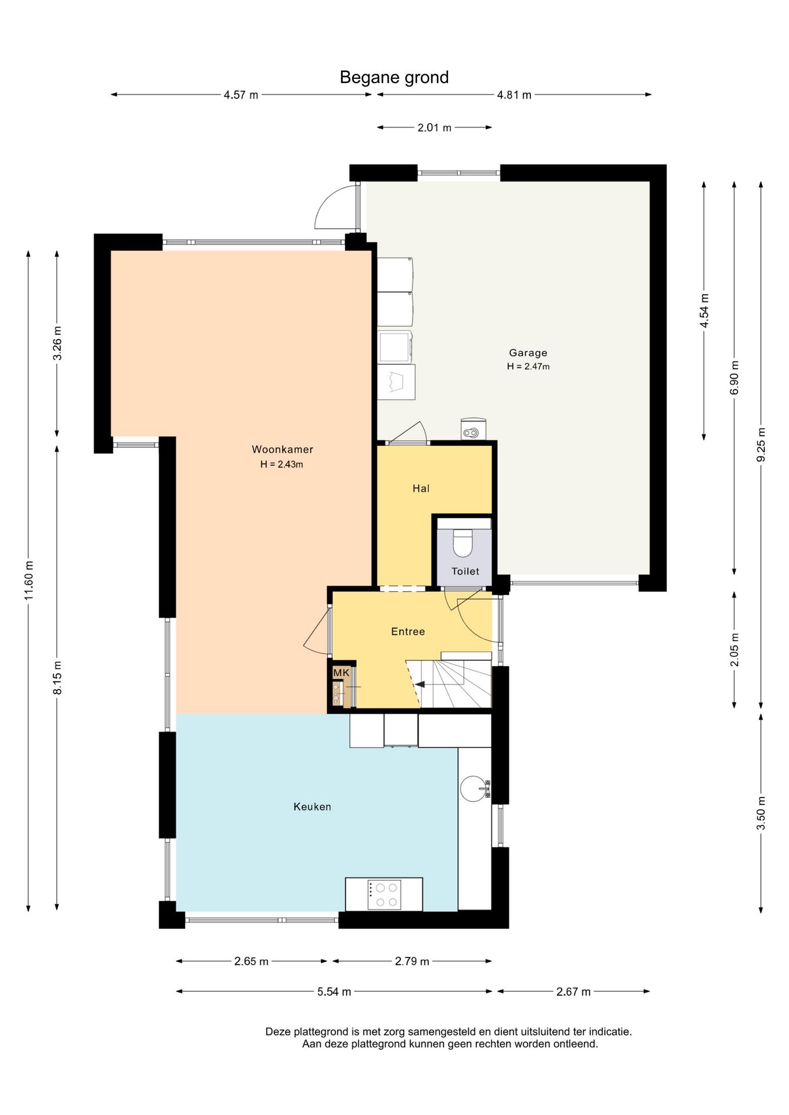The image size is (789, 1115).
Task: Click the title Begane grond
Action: pos(394,77)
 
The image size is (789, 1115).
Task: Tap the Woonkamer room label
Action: pos(282,449)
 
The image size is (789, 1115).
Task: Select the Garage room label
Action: pos(528,353)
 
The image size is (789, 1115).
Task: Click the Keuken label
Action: pos(312,807)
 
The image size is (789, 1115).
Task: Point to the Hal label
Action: pos(421,488)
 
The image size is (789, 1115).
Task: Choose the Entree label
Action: pos(408,631)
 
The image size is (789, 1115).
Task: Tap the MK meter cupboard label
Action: pos(341,672)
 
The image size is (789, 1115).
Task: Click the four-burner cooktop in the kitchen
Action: pos(384,895)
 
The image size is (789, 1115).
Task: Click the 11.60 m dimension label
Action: pos(28,581)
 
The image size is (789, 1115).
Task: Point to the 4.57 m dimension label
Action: pos(241,95)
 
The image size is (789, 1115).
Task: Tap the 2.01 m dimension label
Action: pos(435,128)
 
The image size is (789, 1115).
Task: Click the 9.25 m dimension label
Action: pos(761,445)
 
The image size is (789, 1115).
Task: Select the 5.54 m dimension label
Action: pos(334,992)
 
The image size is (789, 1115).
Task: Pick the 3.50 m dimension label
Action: pos(761,813)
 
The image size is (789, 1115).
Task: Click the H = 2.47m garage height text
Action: pos(528,366)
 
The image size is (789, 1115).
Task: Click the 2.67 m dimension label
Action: pos(573,992)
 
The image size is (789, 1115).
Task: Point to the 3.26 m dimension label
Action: pos(58,343)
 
